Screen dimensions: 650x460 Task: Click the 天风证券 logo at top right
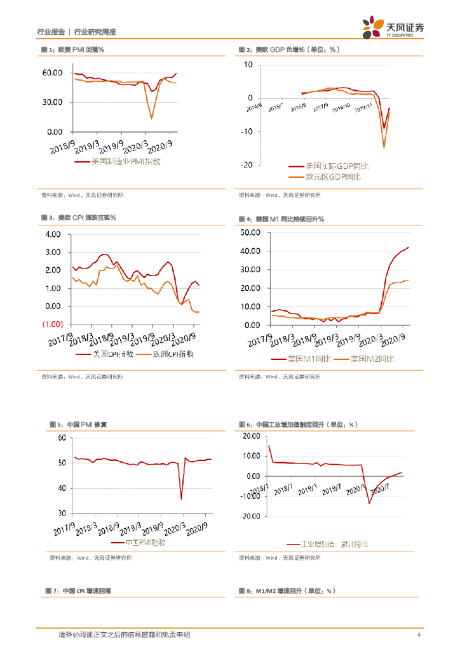(393, 27)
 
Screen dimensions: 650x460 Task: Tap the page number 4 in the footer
(418, 635)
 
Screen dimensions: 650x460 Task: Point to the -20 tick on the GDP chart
(246, 165)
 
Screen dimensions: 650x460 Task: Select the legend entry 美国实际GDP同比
(328, 166)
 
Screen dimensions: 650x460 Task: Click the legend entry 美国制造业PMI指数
(126, 162)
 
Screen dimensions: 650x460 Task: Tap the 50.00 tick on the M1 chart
(252, 233)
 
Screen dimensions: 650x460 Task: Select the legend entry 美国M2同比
(371, 359)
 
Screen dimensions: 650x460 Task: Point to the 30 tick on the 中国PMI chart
(62, 513)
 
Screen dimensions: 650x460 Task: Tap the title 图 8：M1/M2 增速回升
(287, 591)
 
